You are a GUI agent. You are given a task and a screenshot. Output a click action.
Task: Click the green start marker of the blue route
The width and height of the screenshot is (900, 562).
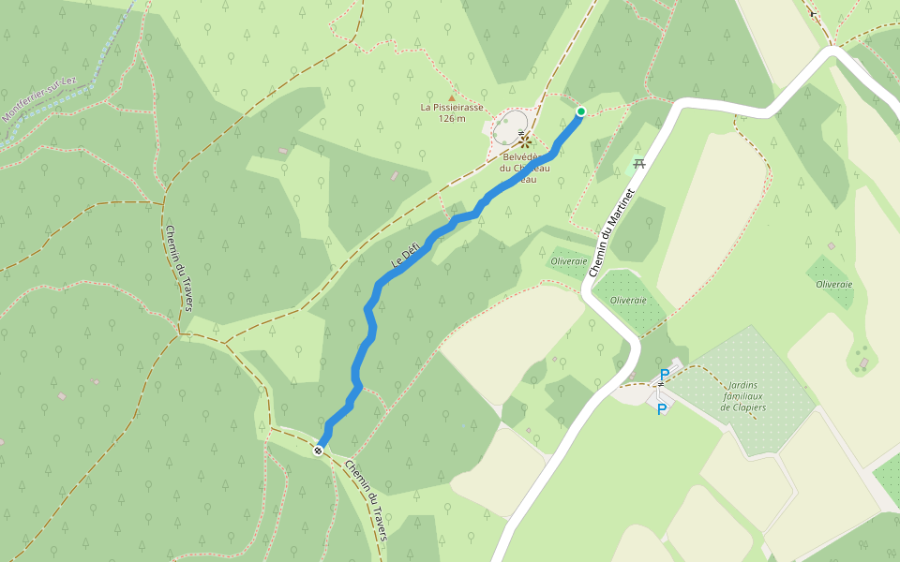pyautogui.click(x=580, y=112)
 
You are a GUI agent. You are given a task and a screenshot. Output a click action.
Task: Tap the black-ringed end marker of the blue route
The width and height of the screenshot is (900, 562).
pyautogui.click(x=319, y=451)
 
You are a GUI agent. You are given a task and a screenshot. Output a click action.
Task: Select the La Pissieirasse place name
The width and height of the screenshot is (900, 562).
pyautogui.click(x=452, y=107)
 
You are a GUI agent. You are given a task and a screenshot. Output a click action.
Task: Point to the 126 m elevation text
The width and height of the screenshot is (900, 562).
pyautogui.click(x=452, y=118)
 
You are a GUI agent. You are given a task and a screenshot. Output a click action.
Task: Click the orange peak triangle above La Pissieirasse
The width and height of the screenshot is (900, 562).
pyautogui.click(x=452, y=96)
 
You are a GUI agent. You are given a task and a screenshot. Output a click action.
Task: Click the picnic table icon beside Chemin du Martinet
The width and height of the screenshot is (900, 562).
pyautogui.click(x=639, y=164)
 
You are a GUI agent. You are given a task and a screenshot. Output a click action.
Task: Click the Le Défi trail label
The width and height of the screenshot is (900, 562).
pyautogui.click(x=405, y=254)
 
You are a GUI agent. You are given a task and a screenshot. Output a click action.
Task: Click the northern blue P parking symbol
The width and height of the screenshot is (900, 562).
pyautogui.click(x=665, y=375)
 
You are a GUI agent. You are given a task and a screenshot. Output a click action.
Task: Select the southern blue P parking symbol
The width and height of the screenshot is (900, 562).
pyautogui.click(x=662, y=409)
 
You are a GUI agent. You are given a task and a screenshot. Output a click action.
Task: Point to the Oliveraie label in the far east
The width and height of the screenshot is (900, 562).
pyautogui.click(x=834, y=284)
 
